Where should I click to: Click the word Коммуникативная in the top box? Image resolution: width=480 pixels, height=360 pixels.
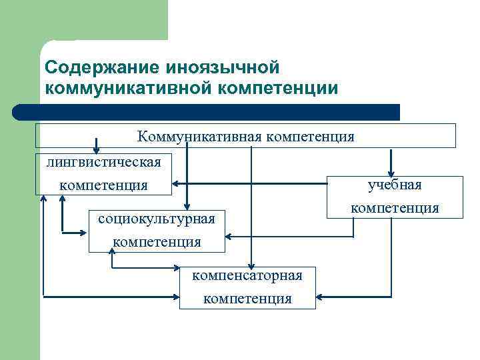200,137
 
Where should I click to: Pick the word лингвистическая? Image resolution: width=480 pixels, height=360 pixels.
104,162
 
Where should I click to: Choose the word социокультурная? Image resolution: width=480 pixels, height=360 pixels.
157,219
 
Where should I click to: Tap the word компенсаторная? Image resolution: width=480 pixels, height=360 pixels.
247,275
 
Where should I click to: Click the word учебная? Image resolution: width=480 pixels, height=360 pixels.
395,185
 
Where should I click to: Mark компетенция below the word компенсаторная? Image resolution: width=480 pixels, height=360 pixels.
247,298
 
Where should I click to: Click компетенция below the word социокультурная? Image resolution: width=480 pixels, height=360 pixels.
157,241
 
